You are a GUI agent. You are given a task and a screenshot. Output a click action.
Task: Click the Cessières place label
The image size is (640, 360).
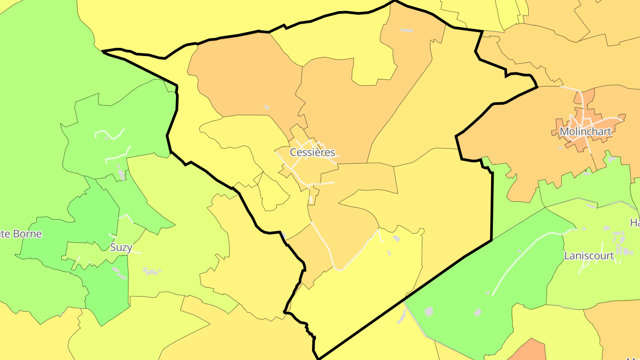[312, 152]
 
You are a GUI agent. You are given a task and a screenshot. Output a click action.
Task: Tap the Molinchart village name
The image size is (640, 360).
[585, 132]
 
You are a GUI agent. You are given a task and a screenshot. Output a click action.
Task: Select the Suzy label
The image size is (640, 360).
[121, 248]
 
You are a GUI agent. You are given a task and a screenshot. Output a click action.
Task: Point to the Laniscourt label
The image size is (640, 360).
[589, 256]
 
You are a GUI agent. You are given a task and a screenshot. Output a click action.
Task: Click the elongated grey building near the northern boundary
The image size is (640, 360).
[406, 30]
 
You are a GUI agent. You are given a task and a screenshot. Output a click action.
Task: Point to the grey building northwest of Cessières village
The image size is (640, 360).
[266, 107]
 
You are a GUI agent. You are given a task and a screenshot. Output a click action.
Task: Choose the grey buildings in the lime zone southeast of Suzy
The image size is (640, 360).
[151, 271]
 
